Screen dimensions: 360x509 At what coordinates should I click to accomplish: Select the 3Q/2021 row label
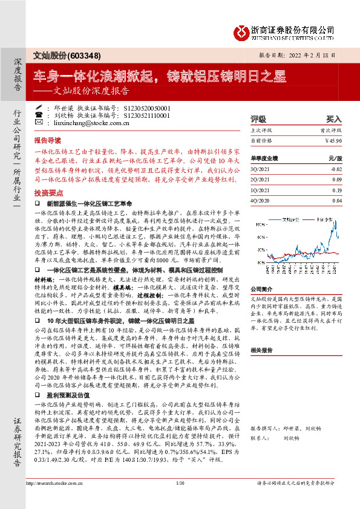click(261, 169)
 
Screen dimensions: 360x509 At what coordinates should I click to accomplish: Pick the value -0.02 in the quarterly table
click(336, 169)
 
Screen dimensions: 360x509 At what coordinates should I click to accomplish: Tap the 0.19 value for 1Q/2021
click(337, 190)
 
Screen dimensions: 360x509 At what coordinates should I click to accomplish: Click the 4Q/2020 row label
click(261, 200)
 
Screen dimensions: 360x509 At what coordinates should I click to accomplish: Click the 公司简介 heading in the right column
click(262, 289)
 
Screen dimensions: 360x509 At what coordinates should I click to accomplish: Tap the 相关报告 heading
click(262, 350)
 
